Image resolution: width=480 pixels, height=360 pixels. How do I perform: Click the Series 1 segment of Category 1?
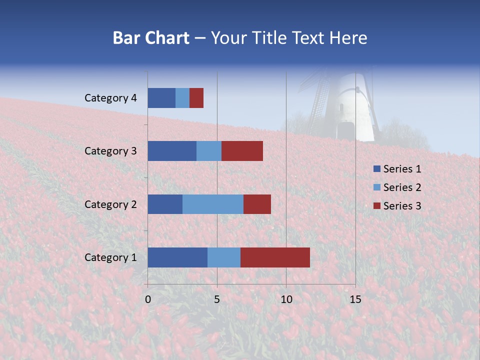point(177,257)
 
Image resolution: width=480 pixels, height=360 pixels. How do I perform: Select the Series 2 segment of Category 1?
point(224,257)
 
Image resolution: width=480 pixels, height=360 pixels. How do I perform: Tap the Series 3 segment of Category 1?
point(275,257)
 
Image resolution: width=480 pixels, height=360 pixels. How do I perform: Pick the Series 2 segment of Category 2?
point(213,204)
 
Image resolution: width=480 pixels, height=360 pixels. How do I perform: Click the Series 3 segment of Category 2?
point(257,204)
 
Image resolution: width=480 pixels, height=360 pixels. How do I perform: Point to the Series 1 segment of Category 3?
point(172,151)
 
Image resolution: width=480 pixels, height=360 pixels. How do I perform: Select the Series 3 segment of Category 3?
point(242,151)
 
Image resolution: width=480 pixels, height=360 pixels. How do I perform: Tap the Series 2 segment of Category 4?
point(182,98)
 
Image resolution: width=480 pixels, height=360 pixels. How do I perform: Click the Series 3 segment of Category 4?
point(196,98)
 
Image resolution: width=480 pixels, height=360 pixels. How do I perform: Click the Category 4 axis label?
point(110,98)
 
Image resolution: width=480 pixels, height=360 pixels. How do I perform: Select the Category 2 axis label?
point(110,204)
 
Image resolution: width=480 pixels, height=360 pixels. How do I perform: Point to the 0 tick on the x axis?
point(148,299)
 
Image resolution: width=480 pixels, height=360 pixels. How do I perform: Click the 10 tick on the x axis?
point(286,299)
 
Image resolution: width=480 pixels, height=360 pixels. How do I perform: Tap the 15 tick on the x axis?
point(355,299)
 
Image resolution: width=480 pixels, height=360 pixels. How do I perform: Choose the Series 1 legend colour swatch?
point(376,169)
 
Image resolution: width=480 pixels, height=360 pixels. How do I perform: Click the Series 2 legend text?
point(402,187)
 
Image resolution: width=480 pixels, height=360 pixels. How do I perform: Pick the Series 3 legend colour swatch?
point(376,205)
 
